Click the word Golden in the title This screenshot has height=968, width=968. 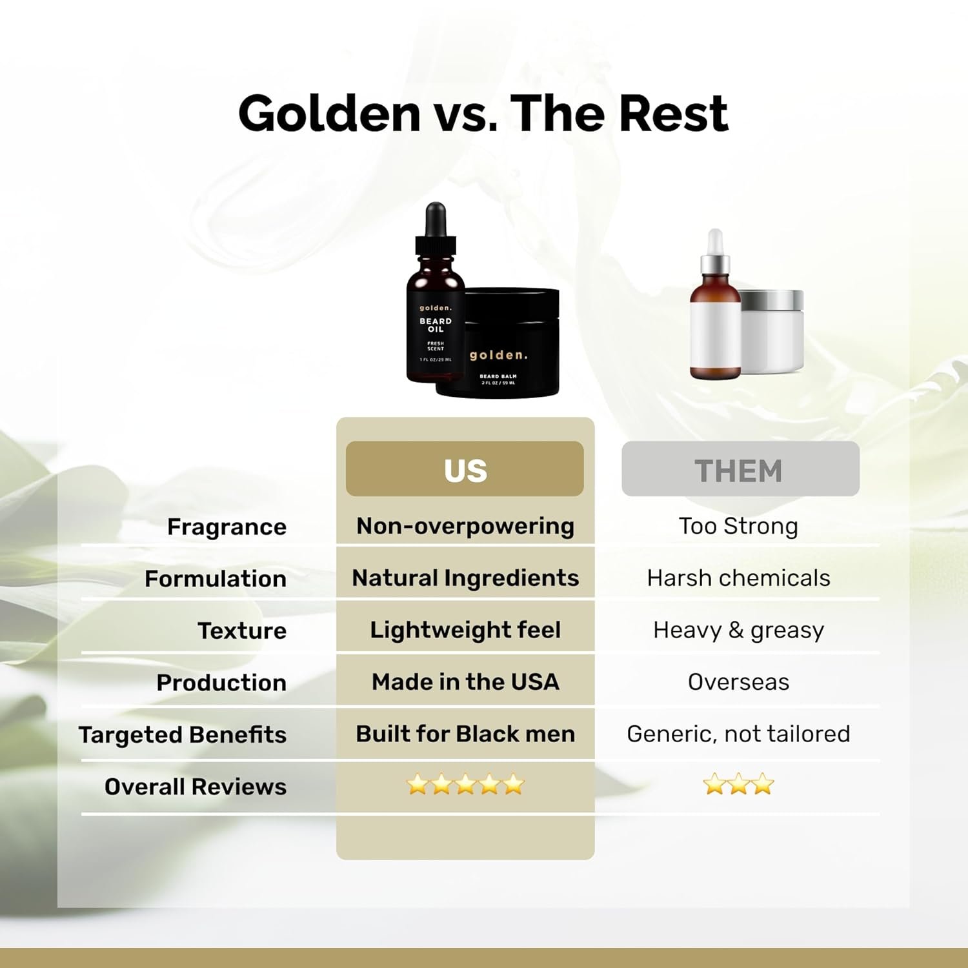pyautogui.click(x=329, y=114)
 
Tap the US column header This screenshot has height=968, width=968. pyautogui.click(x=465, y=470)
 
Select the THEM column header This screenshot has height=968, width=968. pyautogui.click(x=740, y=470)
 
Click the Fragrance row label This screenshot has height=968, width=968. pyautogui.click(x=227, y=527)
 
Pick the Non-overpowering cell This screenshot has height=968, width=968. pyautogui.click(x=465, y=526)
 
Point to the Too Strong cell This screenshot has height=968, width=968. pyautogui.click(x=738, y=526)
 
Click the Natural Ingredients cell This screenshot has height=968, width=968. pyautogui.click(x=465, y=578)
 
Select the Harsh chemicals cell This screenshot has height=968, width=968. pyautogui.click(x=738, y=578)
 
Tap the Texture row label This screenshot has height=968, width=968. pyautogui.click(x=241, y=630)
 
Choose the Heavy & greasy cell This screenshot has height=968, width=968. pyautogui.click(x=738, y=630)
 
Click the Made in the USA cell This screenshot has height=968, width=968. pyautogui.click(x=465, y=681)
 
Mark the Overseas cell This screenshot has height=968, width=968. pyautogui.click(x=738, y=681)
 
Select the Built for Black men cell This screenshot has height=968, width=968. pyautogui.click(x=465, y=734)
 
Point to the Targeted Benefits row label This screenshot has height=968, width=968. pyautogui.click(x=183, y=734)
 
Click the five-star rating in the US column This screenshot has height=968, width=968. pyautogui.click(x=465, y=785)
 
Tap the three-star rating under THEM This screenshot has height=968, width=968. pyautogui.click(x=738, y=785)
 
